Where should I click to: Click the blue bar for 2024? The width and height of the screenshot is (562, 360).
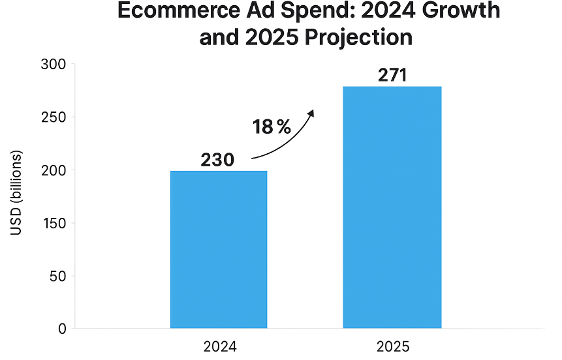(219, 249)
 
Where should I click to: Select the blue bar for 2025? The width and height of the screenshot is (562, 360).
(392, 207)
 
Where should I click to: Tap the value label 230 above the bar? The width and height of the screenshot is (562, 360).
(217, 160)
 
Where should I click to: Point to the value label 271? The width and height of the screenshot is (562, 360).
(392, 75)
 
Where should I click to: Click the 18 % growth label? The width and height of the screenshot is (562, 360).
(272, 127)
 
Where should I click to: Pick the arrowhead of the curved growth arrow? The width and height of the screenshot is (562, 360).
(311, 113)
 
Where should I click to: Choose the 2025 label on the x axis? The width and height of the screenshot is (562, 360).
(392, 346)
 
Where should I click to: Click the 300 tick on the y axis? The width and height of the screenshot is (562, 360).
(53, 65)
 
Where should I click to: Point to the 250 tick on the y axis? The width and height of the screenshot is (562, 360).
(53, 117)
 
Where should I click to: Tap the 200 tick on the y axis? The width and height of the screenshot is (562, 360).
(53, 170)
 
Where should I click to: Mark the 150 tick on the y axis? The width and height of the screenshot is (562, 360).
(53, 223)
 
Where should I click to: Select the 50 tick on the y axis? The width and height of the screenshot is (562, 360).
(57, 276)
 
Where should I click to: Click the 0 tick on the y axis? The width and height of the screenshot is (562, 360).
(61, 329)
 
